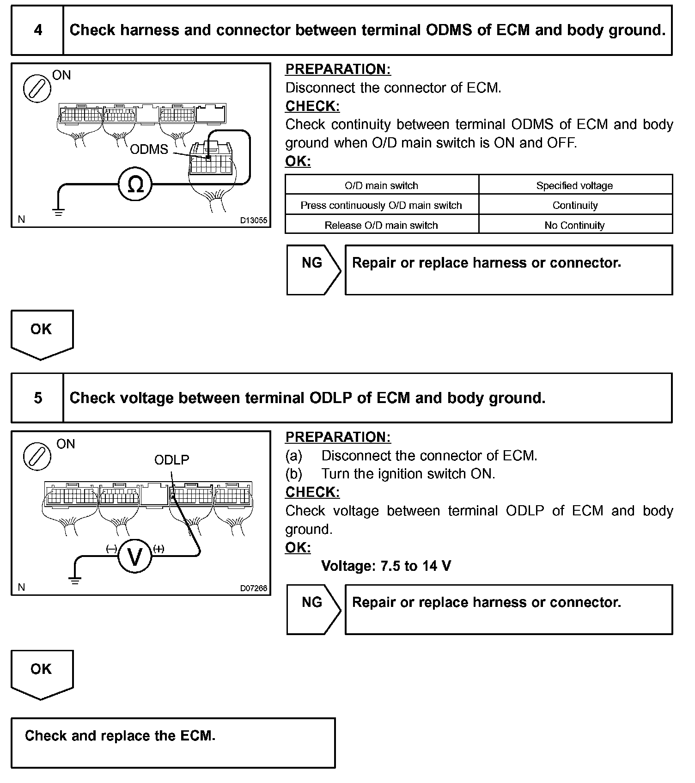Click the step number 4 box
37,31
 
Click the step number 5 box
37,398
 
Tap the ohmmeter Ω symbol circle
135,184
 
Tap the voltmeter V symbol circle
135,557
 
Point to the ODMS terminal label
149,149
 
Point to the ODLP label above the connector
171,460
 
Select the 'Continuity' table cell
575,205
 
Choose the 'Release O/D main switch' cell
381,225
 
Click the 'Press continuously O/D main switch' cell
381,205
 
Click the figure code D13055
253,220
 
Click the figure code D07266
253,588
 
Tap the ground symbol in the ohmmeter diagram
58,212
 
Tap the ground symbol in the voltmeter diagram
75,581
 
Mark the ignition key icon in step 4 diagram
37,89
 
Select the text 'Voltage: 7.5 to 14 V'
386,566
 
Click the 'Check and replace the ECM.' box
173,743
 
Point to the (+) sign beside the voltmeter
159,549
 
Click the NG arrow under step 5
313,609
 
